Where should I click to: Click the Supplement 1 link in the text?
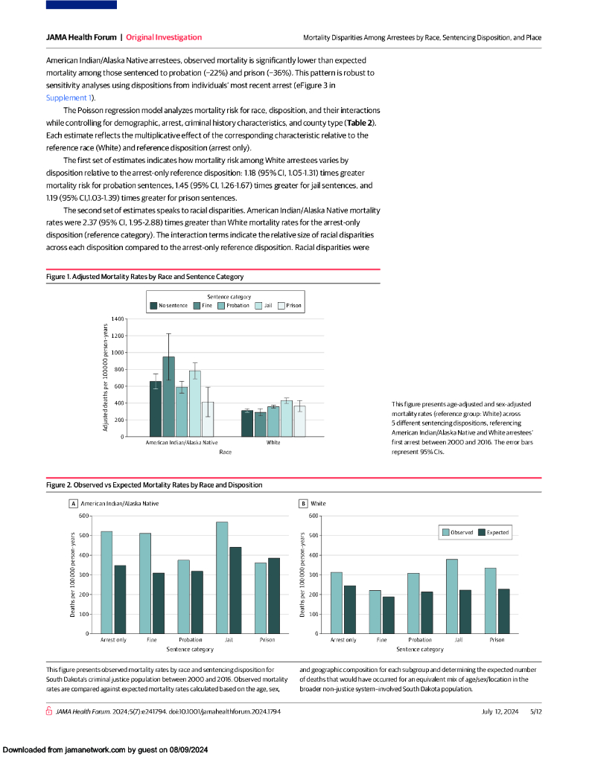[69, 97]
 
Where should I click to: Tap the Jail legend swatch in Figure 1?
[258, 305]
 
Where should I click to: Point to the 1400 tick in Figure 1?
[118, 319]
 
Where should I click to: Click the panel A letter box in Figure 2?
[74, 504]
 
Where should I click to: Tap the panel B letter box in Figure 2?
[304, 504]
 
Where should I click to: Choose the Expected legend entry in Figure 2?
[492, 532]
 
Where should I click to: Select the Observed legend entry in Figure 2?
[457, 532]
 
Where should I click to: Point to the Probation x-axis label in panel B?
[420, 640]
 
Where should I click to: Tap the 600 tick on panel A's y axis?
[83, 516]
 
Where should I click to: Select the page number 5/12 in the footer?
[535, 712]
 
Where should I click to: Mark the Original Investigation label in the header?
[164, 37]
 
